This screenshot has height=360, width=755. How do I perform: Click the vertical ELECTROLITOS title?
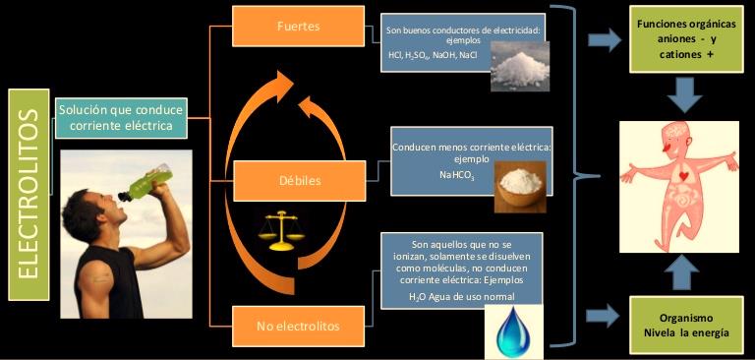pos(29,194)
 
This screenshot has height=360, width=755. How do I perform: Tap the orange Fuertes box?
pos(298,26)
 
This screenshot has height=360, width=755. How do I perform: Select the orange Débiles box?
pos(298,181)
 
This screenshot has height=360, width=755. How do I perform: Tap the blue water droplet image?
pos(511,331)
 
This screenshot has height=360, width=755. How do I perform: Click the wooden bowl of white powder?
pos(517,184)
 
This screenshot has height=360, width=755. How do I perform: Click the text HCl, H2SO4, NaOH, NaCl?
pos(433,56)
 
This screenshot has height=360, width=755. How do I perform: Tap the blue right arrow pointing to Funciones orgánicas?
pos(604,40)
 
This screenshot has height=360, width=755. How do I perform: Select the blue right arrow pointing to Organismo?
pos(604,317)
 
